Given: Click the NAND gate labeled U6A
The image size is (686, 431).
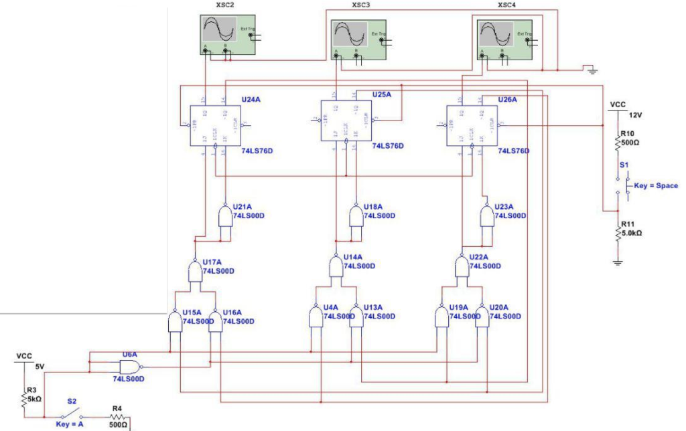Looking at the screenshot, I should point(129,366).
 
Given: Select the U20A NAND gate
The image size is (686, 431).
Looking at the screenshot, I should point(482,317).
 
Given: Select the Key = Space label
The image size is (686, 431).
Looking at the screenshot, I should point(656,185).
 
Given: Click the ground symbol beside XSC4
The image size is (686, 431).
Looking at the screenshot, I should point(590,69).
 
